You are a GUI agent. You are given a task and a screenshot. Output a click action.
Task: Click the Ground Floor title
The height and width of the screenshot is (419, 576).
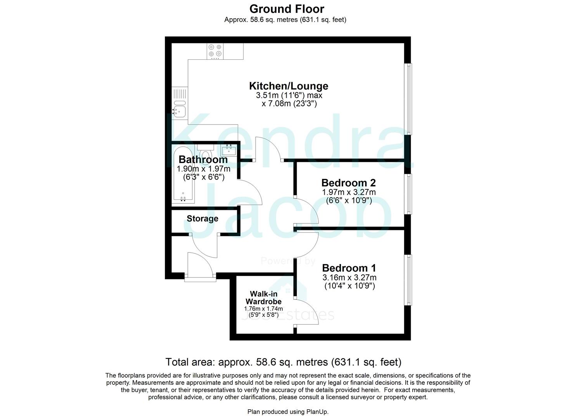(x=287, y=9)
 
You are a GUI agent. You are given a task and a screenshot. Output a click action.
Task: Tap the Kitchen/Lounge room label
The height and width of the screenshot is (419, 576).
(x=288, y=86)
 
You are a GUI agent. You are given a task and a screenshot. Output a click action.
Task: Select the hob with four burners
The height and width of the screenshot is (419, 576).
(x=215, y=51)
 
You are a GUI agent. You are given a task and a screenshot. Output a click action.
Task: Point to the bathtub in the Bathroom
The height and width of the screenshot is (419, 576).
(x=182, y=175)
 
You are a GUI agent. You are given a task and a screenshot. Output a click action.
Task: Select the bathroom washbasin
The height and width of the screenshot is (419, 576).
(x=229, y=150)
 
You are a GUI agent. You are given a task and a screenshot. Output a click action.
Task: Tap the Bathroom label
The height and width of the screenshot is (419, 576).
(x=203, y=159)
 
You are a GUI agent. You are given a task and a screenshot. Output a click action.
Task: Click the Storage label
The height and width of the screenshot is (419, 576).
(x=202, y=218)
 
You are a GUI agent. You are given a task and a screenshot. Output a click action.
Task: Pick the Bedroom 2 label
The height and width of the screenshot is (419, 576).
(x=348, y=182)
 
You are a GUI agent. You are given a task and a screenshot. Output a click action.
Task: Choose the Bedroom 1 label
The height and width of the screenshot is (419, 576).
(x=349, y=268)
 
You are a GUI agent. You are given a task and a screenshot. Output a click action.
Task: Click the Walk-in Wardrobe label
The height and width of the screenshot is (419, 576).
(x=263, y=298)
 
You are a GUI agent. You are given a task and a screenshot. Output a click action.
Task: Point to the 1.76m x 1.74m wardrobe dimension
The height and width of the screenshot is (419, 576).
(x=263, y=309)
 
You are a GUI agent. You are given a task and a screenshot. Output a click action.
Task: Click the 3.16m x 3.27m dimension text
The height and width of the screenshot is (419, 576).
(x=349, y=278)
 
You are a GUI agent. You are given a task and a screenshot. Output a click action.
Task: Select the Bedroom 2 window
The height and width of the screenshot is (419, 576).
(x=408, y=194)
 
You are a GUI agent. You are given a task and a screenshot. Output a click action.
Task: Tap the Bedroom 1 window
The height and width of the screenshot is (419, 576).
(x=408, y=279)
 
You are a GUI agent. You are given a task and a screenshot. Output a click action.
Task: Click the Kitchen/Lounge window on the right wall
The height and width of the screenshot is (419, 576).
(x=408, y=99)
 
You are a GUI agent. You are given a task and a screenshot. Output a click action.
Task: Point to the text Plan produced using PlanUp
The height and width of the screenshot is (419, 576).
(x=288, y=412)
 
